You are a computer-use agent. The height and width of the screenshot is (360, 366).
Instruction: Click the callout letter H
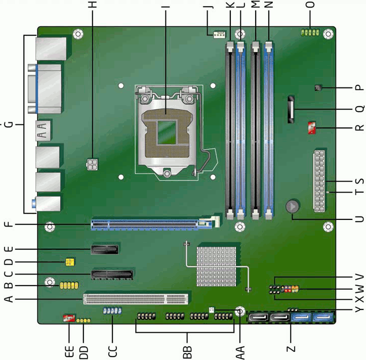(93, 5)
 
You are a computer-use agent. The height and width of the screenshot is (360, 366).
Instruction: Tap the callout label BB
(187, 352)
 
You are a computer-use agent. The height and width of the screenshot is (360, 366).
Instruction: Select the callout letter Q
(359, 109)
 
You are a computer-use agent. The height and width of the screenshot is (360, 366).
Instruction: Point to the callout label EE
(69, 351)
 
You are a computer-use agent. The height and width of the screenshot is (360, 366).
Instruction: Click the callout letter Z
(291, 349)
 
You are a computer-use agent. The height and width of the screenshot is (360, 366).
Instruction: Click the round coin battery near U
(293, 206)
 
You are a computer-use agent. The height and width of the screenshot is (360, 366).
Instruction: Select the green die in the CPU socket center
(167, 132)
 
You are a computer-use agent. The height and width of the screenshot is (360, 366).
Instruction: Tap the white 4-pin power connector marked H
(93, 164)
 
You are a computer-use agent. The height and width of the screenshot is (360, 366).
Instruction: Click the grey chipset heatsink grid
(216, 266)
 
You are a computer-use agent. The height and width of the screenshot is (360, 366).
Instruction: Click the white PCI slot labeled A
(136, 299)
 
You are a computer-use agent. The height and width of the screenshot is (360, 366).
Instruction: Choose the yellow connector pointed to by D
(70, 262)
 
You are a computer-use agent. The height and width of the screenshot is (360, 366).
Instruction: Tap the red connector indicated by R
(312, 127)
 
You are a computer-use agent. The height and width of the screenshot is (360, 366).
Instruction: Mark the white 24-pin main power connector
(319, 181)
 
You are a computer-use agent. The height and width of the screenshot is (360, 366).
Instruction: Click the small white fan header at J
(219, 35)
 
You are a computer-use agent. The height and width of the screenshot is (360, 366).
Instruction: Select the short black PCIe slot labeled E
(105, 249)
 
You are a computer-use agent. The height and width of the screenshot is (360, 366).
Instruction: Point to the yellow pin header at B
(69, 285)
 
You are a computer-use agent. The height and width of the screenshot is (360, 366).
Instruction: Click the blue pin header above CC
(112, 310)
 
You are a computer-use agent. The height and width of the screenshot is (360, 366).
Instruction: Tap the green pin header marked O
(310, 32)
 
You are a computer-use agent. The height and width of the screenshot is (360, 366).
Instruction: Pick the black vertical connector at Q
(291, 109)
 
